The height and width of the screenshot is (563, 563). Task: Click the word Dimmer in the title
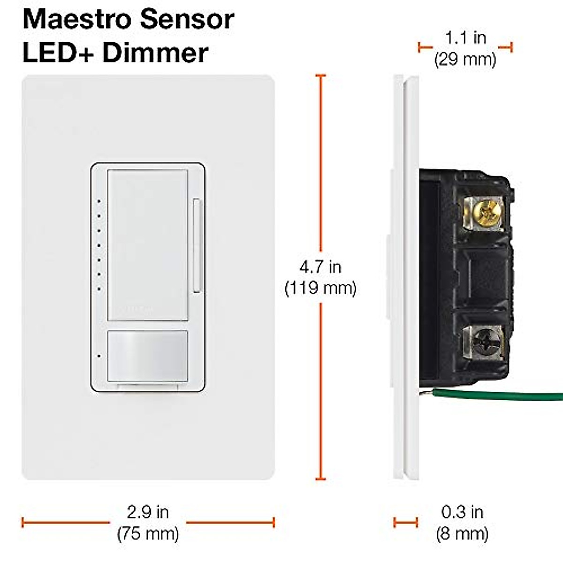[155, 53]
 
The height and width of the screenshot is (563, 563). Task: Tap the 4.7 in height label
[320, 267]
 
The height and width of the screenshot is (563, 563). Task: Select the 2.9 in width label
[148, 512]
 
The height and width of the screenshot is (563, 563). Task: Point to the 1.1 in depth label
[465, 38]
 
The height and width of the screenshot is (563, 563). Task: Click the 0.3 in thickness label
[462, 512]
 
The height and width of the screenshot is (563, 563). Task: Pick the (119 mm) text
[320, 288]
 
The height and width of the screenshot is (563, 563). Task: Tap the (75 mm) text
[148, 533]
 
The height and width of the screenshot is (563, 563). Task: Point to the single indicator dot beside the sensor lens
[99, 356]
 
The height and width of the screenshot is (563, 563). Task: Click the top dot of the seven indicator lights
[99, 202]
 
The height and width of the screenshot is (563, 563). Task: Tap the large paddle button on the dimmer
[148, 244]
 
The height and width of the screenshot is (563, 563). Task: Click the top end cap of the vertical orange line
[321, 76]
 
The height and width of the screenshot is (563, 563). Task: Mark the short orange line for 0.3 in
[405, 522]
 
